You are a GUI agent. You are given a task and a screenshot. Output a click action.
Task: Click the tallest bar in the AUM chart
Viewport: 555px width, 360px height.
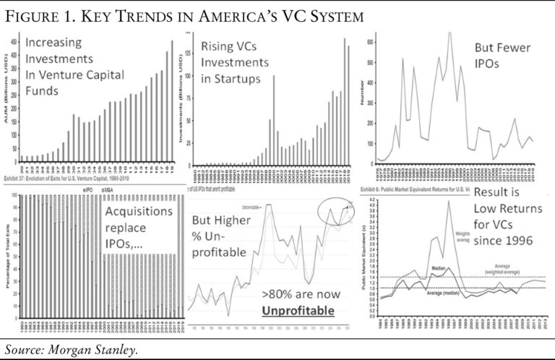[171, 101]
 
